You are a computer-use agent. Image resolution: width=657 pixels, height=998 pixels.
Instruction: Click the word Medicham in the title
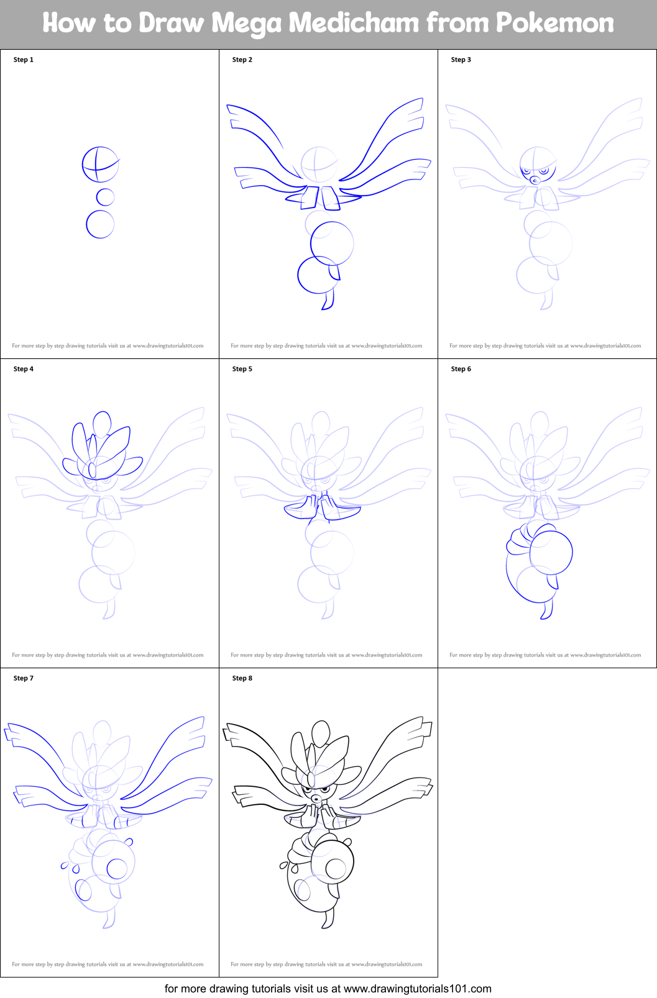point(354,24)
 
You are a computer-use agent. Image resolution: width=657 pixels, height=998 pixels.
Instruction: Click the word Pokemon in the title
point(554,24)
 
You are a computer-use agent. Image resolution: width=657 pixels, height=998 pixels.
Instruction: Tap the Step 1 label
point(24,60)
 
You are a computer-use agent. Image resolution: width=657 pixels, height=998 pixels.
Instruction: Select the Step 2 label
point(242,60)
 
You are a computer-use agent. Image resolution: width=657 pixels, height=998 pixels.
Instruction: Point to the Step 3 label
point(461,60)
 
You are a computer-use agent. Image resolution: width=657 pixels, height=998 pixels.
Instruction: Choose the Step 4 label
point(24,369)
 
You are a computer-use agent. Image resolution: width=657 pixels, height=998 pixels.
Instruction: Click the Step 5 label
point(242,369)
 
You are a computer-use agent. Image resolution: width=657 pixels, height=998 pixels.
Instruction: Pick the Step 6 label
point(461,369)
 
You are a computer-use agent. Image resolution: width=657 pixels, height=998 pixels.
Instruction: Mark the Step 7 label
point(24,678)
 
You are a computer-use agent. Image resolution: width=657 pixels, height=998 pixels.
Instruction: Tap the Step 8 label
point(242,678)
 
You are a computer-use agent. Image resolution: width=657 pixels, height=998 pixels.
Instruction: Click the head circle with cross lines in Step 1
point(99,165)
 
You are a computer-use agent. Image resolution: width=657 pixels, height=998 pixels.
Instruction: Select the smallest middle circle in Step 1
point(106,197)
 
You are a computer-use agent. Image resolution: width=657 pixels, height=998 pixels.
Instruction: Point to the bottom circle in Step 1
point(100,224)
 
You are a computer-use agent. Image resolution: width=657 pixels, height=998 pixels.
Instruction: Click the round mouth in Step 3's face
point(534,180)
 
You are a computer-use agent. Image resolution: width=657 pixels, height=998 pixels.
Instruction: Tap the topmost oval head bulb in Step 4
point(101,424)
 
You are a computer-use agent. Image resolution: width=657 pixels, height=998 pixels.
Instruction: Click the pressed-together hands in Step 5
point(321,505)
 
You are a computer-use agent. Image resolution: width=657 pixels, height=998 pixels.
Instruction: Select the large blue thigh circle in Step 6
point(551,551)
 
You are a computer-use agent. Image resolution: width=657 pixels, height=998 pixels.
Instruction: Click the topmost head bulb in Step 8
point(321,734)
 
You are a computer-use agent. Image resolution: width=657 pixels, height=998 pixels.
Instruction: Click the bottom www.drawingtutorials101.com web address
point(417,989)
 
